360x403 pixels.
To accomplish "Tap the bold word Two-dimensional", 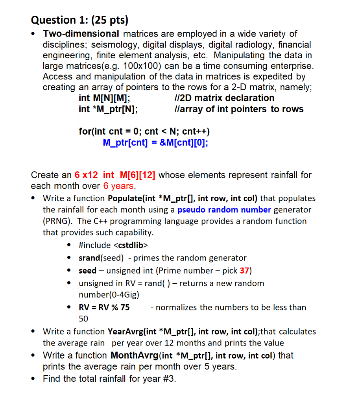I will [x=81, y=34].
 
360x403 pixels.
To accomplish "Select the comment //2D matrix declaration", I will [x=224, y=98].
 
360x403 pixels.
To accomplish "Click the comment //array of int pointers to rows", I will [x=238, y=109].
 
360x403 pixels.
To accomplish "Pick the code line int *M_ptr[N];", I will [x=108, y=109].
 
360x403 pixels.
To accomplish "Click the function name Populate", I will [x=126, y=198].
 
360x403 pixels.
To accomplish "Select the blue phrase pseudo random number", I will [x=224, y=210].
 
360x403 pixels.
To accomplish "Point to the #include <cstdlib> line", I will [x=113, y=245].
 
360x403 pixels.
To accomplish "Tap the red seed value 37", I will [x=245, y=271].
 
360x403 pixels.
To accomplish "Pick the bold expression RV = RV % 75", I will [x=104, y=307].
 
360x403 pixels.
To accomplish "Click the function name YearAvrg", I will [x=126, y=332].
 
